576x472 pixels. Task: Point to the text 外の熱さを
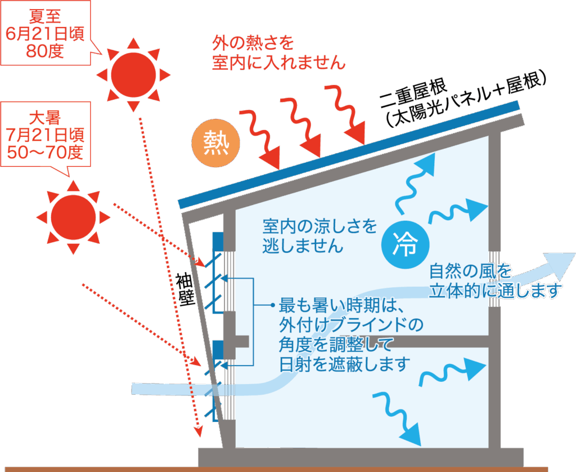click(x=253, y=43)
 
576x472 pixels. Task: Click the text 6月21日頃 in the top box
click(x=46, y=34)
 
